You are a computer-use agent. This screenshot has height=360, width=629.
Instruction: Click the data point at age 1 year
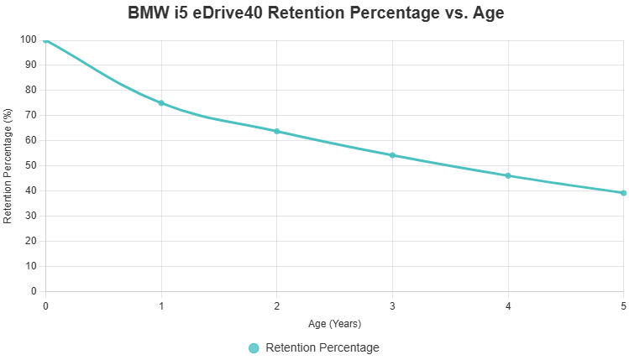[x=161, y=103]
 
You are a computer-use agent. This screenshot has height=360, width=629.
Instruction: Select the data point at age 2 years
[x=277, y=132]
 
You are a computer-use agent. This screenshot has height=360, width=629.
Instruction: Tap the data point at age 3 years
[x=392, y=155]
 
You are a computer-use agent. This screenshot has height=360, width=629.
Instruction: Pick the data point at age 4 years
[x=508, y=175]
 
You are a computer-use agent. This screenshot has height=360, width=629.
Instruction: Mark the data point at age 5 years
[x=624, y=193]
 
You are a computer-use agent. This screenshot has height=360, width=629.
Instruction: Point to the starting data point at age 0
[x=45, y=40]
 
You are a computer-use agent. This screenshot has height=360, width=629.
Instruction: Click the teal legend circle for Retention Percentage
[x=254, y=348]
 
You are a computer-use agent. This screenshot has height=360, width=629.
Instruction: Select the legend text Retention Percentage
[x=322, y=347]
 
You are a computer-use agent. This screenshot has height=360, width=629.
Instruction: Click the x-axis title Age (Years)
[x=334, y=324]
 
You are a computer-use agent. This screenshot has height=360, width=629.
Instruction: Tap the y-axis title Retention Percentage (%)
[x=8, y=165]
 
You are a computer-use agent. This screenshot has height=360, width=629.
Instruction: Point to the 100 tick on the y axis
[x=29, y=39]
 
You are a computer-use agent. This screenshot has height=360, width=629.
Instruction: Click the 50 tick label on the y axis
[x=31, y=165]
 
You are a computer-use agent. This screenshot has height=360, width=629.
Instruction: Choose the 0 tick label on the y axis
[x=34, y=291]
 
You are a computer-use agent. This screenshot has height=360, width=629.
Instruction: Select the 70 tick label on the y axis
[x=31, y=115]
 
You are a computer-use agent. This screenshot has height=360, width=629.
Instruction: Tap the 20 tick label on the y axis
[x=31, y=241]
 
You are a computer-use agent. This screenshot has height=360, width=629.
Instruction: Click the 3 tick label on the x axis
[x=392, y=306]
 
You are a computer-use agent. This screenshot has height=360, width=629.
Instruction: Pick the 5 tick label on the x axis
[x=623, y=306]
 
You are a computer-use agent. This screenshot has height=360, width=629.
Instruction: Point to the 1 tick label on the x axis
[x=161, y=306]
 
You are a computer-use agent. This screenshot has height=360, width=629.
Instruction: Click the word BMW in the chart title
[x=149, y=13]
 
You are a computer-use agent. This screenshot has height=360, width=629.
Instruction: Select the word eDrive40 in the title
[x=228, y=13]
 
